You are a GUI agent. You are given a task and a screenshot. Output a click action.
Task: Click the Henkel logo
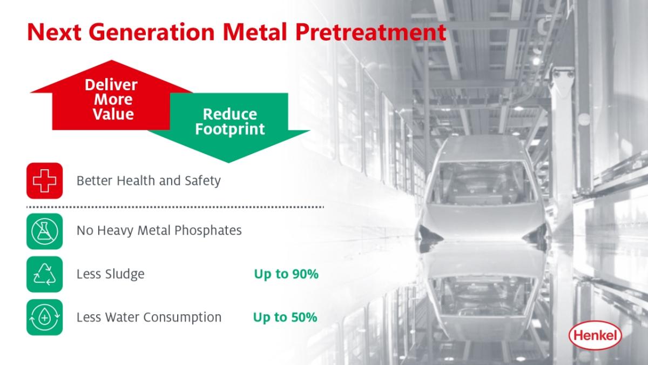click(595, 335)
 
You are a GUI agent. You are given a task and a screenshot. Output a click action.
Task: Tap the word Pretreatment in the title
click(370, 32)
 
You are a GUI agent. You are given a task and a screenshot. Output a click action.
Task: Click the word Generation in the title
click(152, 32)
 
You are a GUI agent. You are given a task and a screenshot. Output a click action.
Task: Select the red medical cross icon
click(44, 181)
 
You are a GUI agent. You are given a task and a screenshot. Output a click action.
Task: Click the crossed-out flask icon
click(44, 231)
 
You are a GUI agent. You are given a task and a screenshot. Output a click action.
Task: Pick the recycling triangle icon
click(44, 274)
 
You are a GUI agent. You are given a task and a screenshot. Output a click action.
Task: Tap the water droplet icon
click(44, 317)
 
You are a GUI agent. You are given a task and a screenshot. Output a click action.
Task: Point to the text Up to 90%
click(286, 274)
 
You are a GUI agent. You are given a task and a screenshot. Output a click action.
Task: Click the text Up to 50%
click(285, 317)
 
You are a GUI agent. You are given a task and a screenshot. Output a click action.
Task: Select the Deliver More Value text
click(111, 99)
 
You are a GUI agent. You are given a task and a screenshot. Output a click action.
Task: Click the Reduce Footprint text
click(230, 122)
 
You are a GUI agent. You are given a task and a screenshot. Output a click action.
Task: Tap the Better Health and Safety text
click(148, 181)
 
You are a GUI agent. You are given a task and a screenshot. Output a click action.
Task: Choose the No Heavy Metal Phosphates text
click(159, 231)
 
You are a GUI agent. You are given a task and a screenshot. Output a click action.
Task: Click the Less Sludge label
click(111, 274)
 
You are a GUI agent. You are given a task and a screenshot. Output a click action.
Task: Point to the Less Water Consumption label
click(149, 317)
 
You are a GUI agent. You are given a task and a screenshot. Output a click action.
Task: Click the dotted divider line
click(175, 207)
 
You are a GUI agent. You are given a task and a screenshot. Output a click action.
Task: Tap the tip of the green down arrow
click(228, 163)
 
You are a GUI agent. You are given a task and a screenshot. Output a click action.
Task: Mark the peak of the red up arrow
click(112, 60)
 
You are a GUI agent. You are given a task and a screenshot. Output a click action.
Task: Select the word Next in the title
click(54, 32)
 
